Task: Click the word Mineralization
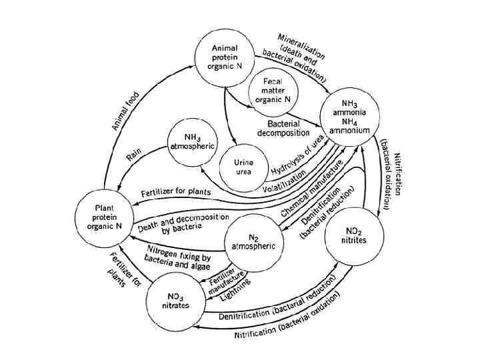point(302,44)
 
